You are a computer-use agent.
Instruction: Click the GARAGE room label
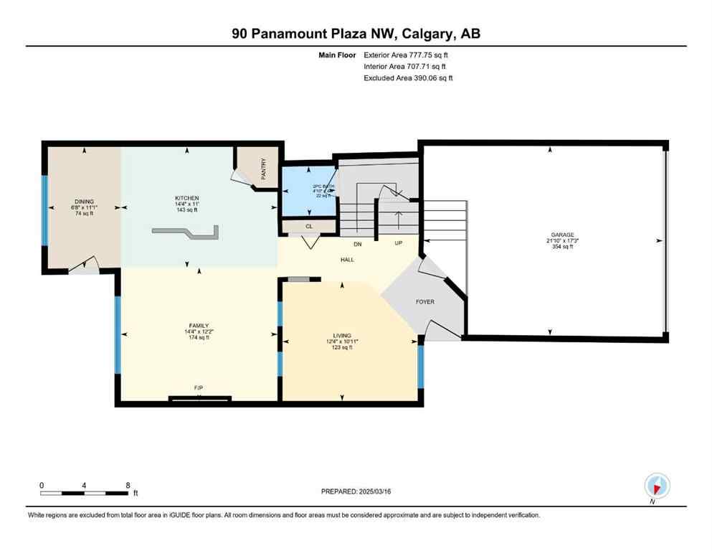click(563, 235)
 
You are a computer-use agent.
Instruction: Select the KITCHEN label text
click(187, 198)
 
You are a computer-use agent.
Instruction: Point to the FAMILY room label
click(199, 326)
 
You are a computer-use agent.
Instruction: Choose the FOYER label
click(425, 302)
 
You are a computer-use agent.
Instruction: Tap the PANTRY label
click(264, 167)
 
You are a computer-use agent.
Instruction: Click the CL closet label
click(308, 227)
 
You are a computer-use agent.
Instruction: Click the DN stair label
click(356, 243)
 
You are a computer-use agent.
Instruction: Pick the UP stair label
click(399, 243)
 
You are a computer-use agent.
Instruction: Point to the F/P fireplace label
click(199, 388)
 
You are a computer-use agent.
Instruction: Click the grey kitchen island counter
click(185, 232)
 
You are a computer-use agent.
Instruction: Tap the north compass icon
click(656, 486)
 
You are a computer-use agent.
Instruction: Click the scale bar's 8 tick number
click(128, 485)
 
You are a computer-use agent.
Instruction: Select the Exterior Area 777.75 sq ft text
click(409, 55)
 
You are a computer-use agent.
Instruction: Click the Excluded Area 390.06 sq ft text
click(409, 77)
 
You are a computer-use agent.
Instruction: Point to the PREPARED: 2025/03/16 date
click(356, 491)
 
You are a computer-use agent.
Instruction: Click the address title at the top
click(356, 34)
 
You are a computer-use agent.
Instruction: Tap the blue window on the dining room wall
click(44, 209)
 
